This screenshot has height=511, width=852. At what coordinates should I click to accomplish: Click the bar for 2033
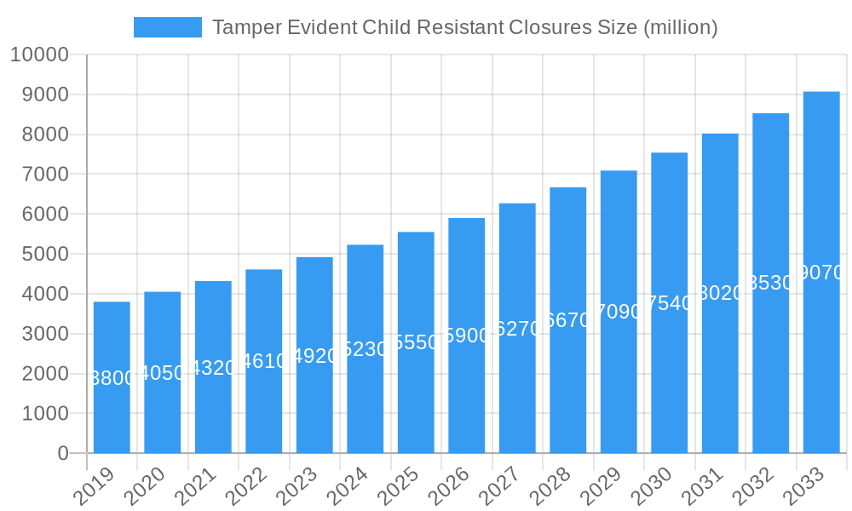tap(821, 273)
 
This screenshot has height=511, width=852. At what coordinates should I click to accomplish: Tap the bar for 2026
tap(467, 336)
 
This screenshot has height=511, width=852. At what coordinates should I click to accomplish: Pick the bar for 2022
tap(264, 361)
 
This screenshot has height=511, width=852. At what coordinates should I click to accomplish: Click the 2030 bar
tap(670, 303)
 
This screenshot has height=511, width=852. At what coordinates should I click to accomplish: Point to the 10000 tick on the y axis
tap(38, 55)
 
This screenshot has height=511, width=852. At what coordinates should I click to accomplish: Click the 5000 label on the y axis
tap(38, 255)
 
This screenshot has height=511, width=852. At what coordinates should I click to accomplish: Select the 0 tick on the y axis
tap(63, 454)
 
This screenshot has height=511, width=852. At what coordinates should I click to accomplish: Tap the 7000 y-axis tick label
tap(38, 175)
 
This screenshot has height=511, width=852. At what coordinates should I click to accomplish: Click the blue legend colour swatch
tap(168, 27)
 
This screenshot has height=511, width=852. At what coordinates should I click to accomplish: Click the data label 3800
tap(112, 378)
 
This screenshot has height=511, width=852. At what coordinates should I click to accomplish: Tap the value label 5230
tap(366, 349)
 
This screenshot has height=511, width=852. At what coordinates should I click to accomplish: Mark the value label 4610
tap(264, 361)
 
